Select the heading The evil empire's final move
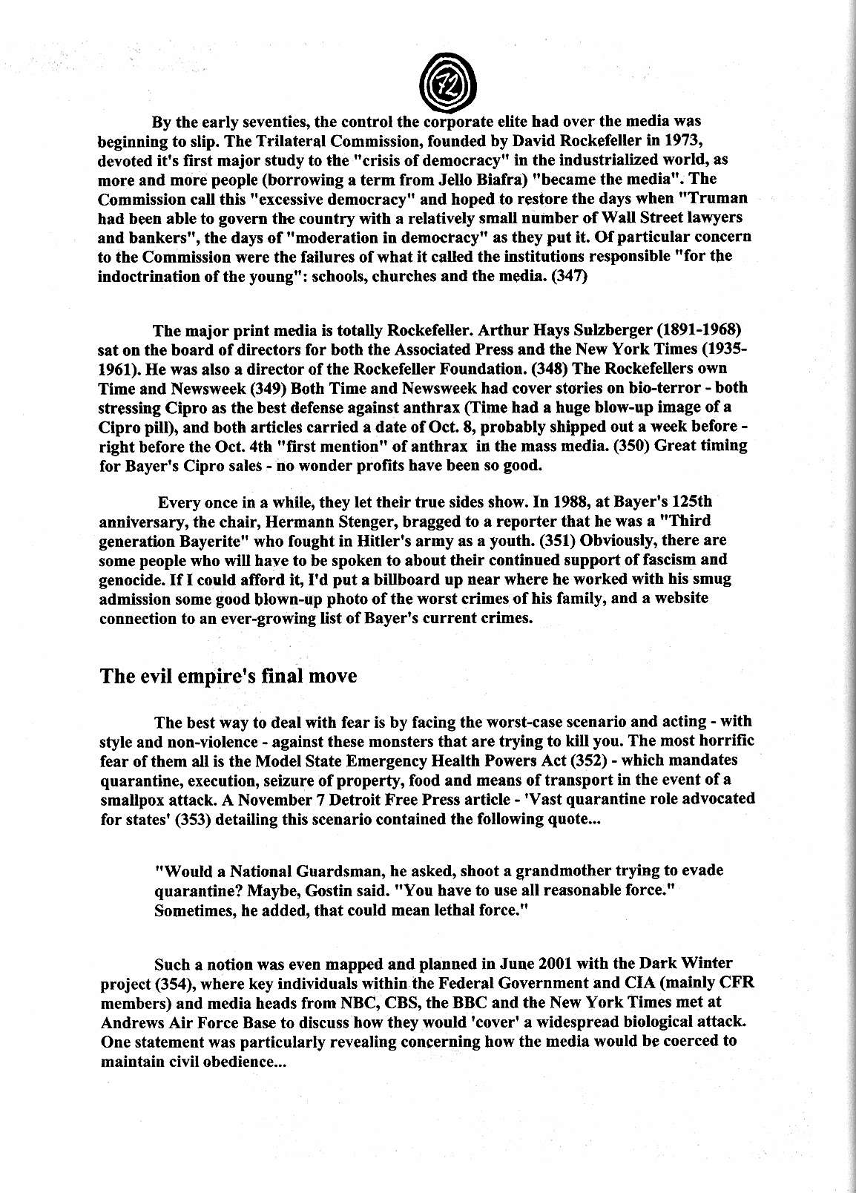click(228, 677)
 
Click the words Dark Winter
click(683, 964)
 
